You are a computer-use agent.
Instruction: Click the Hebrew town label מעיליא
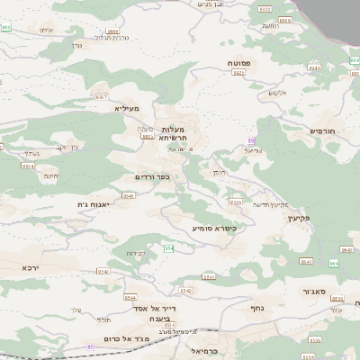(x=128, y=108)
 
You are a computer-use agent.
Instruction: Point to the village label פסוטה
(x=238, y=64)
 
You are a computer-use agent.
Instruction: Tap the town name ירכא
(x=31, y=267)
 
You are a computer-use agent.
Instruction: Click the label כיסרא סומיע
(x=213, y=228)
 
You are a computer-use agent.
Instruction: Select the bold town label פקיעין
(x=299, y=218)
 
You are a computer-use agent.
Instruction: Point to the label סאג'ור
(x=314, y=292)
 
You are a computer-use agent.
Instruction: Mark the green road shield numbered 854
(x=168, y=247)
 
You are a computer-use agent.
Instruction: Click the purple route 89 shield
(x=251, y=140)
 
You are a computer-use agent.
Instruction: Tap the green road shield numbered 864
(x=332, y=263)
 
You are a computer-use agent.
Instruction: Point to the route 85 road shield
(x=90, y=345)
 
